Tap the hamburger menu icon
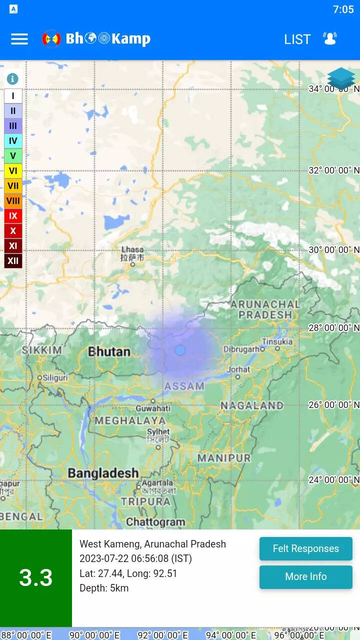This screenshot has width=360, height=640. click(19, 39)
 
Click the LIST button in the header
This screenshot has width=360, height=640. click(297, 39)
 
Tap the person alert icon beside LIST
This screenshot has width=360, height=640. click(330, 38)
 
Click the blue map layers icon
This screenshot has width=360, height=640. click(341, 78)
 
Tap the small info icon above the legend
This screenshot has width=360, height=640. click(12, 79)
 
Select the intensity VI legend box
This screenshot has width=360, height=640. click(13, 171)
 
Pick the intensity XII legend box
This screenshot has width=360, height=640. click(13, 260)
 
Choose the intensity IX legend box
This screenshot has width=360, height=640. click(13, 216)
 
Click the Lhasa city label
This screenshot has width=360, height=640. click(132, 249)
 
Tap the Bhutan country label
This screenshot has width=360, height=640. click(109, 351)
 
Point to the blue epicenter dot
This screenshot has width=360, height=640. click(180, 350)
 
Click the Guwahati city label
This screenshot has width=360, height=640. click(153, 408)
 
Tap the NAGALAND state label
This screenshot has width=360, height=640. click(252, 405)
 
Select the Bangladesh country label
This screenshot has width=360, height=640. click(103, 472)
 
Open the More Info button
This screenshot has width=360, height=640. click(305, 577)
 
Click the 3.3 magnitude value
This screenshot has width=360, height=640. click(36, 577)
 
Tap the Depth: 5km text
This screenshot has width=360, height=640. click(104, 588)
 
